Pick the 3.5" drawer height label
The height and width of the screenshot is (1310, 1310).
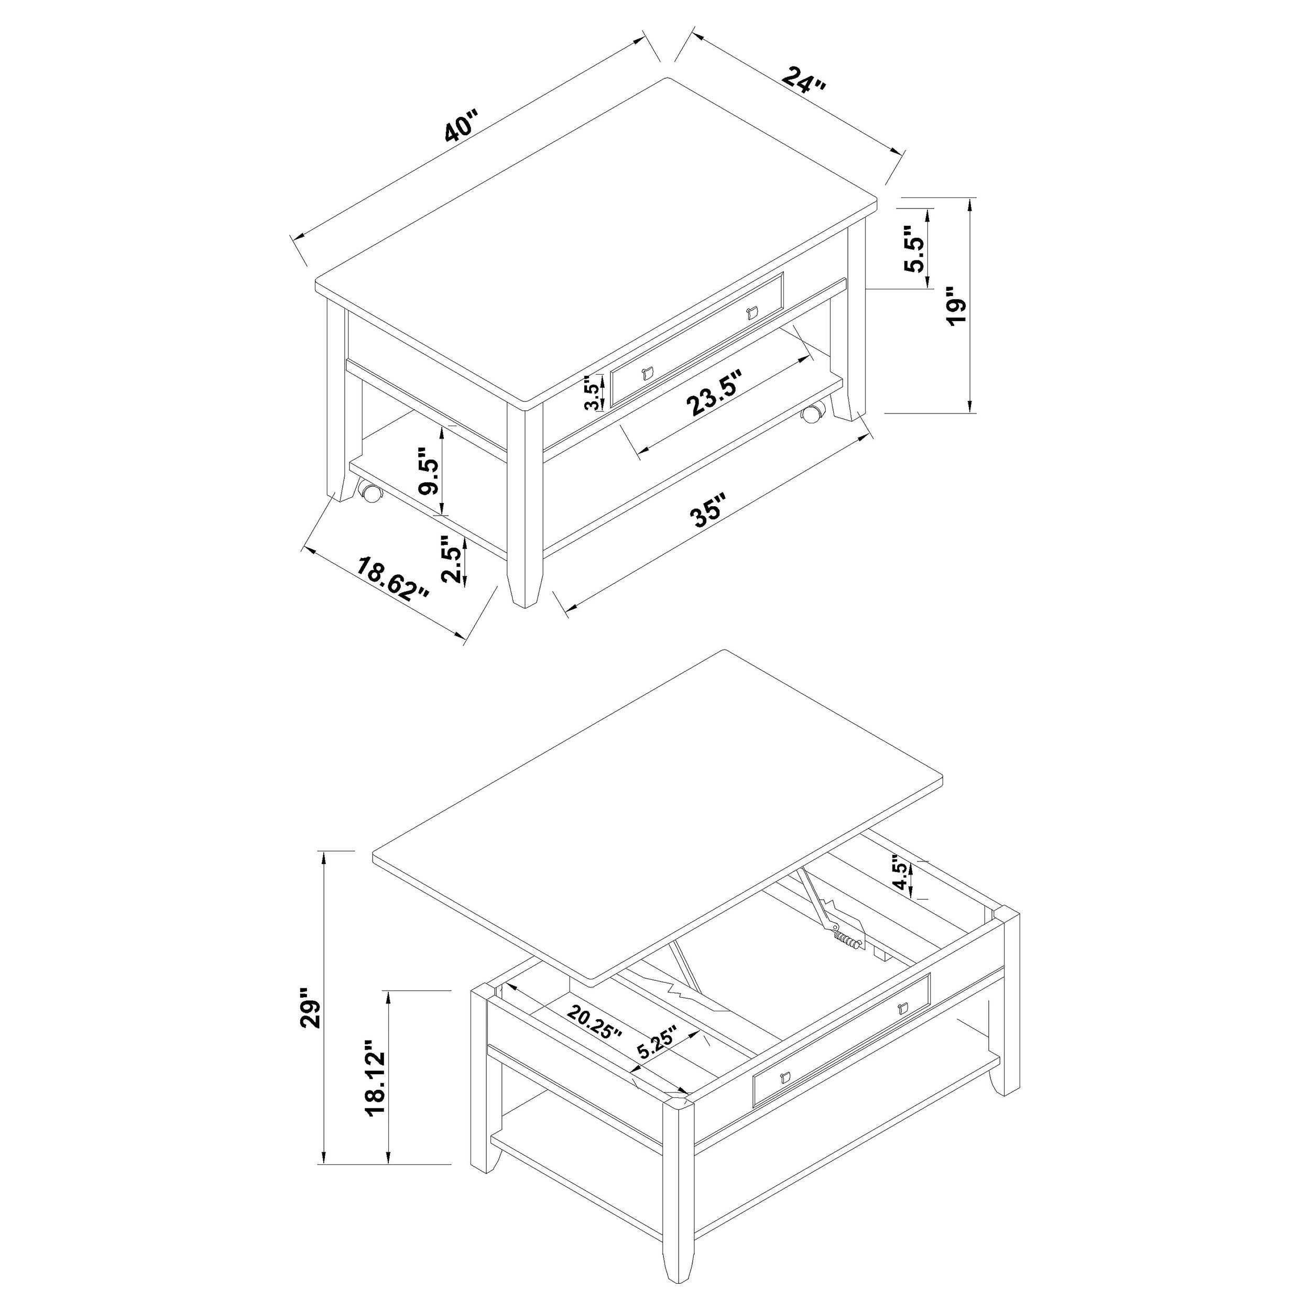click(x=592, y=394)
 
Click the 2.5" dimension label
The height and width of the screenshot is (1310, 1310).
click(x=452, y=560)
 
